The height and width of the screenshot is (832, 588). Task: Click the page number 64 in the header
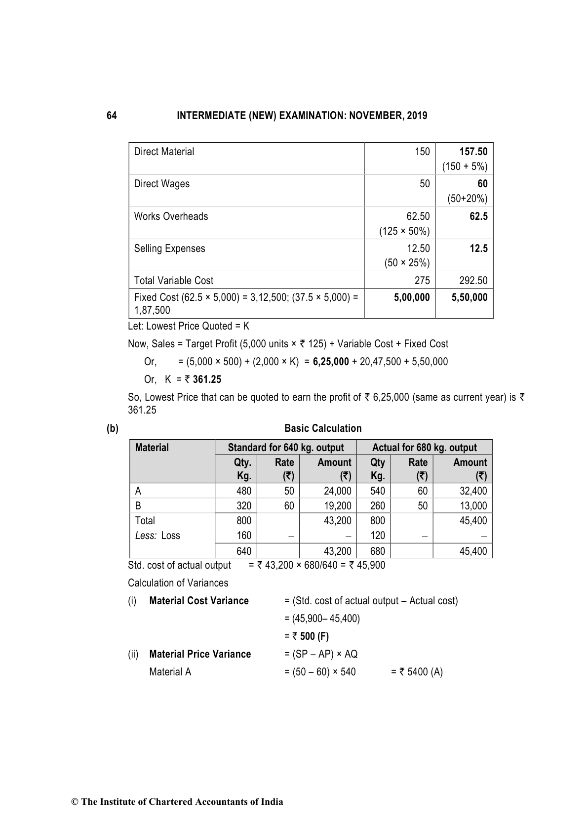click(x=112, y=116)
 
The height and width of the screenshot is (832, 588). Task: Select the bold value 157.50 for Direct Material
click(x=473, y=152)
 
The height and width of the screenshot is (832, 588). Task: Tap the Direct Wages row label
click(x=161, y=184)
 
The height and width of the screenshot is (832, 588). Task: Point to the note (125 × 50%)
click(x=404, y=231)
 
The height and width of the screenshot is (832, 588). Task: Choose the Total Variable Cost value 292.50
click(x=473, y=281)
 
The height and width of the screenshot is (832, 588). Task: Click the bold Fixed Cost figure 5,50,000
click(x=469, y=297)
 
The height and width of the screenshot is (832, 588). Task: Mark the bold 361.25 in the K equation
click(x=207, y=379)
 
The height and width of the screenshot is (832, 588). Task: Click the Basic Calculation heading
click(x=323, y=428)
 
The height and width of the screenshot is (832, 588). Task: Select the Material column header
click(x=152, y=448)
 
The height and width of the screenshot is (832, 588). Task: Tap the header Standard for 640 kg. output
click(x=285, y=448)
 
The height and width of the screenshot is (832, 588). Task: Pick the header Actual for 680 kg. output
click(x=424, y=448)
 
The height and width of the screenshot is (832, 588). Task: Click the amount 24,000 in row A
click(x=337, y=491)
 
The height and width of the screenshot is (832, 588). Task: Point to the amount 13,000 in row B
click(x=472, y=506)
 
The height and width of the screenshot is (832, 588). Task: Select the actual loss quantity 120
click(x=377, y=536)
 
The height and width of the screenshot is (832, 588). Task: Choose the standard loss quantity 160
click(x=244, y=536)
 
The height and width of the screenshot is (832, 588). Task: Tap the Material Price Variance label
click(x=199, y=654)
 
